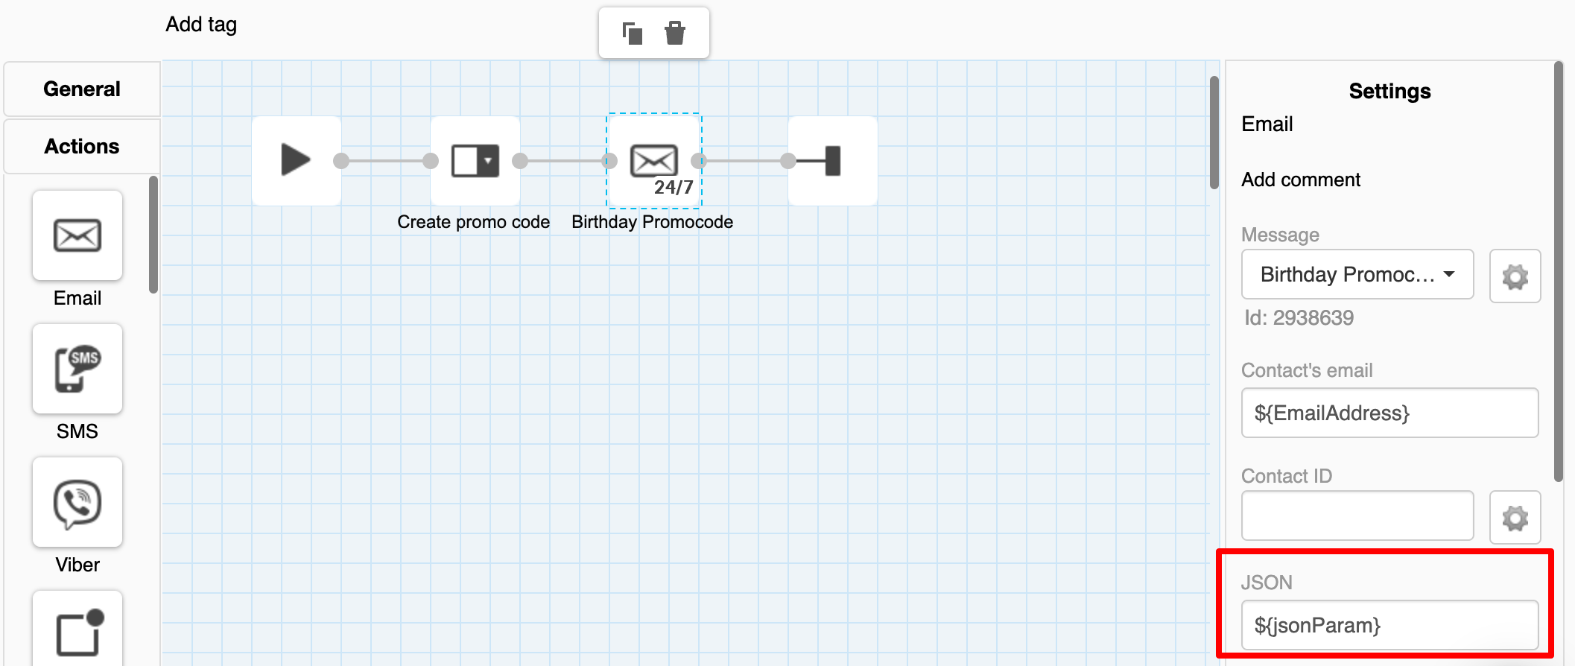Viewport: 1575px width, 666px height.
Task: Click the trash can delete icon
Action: [x=675, y=33]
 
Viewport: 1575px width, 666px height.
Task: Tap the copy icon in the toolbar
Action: [x=632, y=33]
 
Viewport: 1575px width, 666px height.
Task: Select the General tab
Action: [x=82, y=89]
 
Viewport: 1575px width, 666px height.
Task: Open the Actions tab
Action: [x=82, y=146]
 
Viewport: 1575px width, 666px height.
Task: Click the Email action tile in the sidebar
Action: [x=77, y=235]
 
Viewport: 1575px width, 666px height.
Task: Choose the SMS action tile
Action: [x=77, y=369]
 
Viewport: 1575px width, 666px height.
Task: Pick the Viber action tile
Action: [x=77, y=502]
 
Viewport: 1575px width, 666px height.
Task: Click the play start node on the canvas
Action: [x=297, y=160]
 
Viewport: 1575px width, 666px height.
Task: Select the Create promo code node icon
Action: [x=475, y=160]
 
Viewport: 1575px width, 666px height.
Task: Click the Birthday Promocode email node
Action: [x=654, y=160]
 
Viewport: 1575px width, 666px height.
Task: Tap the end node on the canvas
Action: [x=833, y=160]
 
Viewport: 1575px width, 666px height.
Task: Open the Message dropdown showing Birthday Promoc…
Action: [x=1357, y=274]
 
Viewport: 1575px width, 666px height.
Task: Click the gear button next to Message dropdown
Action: [x=1515, y=276]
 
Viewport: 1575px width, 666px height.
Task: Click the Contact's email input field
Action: [x=1389, y=413]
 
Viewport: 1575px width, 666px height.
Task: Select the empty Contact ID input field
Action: [x=1357, y=516]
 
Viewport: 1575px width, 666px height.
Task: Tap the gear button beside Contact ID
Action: [x=1515, y=518]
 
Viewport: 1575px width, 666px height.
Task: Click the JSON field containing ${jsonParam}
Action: [x=1389, y=625]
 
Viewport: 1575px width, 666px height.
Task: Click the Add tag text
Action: [x=201, y=25]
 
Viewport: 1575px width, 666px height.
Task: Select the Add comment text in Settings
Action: [x=1301, y=180]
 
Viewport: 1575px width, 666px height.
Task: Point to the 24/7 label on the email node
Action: [x=674, y=188]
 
